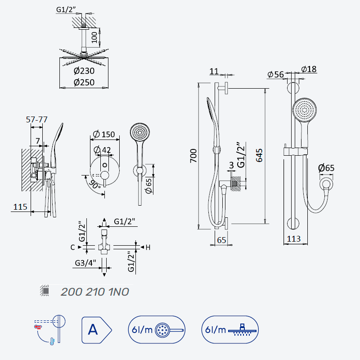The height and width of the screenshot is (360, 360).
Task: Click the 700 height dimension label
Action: point(193,156)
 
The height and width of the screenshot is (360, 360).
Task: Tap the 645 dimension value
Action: point(259,155)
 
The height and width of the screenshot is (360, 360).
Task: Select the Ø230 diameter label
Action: point(84,71)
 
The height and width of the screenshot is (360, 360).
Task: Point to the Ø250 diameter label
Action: point(84,82)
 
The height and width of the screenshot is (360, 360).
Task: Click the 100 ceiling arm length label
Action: point(94,37)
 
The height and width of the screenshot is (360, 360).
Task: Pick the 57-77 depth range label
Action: point(37,119)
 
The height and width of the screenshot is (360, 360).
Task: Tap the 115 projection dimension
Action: point(20,207)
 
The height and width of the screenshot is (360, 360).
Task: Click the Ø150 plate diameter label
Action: point(104,134)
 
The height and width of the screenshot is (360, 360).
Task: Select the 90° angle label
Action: point(94,184)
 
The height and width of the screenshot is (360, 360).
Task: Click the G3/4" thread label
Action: point(85,263)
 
